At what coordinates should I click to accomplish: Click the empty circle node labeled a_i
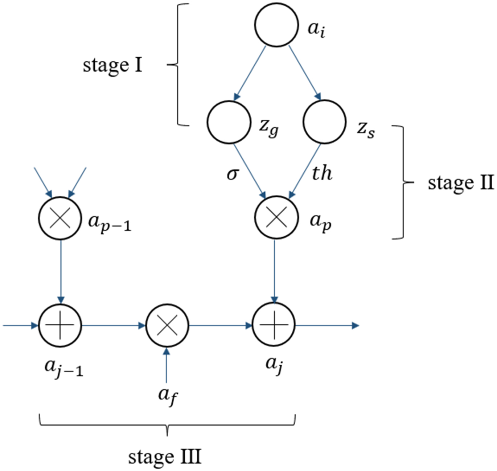click(x=276, y=25)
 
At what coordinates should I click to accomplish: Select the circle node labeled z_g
click(x=229, y=122)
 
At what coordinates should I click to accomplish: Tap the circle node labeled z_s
click(x=324, y=122)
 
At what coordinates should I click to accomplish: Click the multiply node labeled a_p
click(x=276, y=217)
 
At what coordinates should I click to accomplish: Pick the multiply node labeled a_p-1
click(x=60, y=218)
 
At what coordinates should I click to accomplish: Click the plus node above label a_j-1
click(x=60, y=325)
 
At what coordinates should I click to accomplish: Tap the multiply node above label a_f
click(x=167, y=325)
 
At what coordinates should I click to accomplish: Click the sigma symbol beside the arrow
click(x=233, y=175)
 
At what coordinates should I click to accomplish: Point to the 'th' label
click(x=322, y=173)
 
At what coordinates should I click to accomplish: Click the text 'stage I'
click(x=112, y=66)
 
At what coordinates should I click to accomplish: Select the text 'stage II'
click(x=460, y=183)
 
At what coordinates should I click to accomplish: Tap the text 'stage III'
click(x=165, y=457)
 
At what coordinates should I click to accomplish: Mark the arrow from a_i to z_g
click(x=251, y=73)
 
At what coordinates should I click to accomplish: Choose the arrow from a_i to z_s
click(x=304, y=73)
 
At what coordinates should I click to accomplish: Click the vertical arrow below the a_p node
click(x=274, y=270)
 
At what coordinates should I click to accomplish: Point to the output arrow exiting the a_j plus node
click(x=326, y=325)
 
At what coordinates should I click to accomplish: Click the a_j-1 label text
click(x=64, y=368)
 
